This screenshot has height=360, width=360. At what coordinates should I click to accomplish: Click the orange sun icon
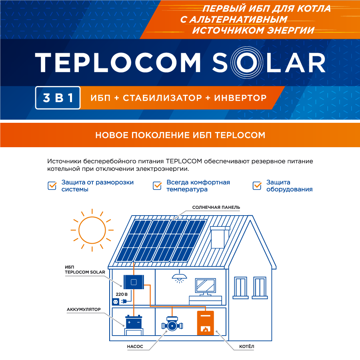pyautogui.click(x=92, y=230)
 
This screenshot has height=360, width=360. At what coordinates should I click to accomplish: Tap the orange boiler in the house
pyautogui.click(x=206, y=323)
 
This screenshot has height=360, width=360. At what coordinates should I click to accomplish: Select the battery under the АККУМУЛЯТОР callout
pyautogui.click(x=134, y=325)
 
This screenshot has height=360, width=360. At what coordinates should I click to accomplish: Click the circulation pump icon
pyautogui.click(x=172, y=324)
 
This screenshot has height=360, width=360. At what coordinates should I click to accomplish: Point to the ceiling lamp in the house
pyautogui.click(x=179, y=277)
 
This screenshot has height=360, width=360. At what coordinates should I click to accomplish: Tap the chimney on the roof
pyautogui.click(x=220, y=237)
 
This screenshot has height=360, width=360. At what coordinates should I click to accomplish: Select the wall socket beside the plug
pyautogui.click(x=116, y=302)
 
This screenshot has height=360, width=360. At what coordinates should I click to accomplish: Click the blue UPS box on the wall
pyautogui.click(x=134, y=282)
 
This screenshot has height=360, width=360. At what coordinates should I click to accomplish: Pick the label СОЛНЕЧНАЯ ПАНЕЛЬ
pyautogui.click(x=216, y=207)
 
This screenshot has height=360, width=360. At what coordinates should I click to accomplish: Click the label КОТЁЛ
pyautogui.click(x=246, y=346)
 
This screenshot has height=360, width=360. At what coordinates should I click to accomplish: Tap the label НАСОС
pyautogui.click(x=135, y=346)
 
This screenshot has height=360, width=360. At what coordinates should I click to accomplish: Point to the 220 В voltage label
pyautogui.click(x=122, y=294)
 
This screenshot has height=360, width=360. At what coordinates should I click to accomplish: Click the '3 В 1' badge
pyautogui.click(x=58, y=98)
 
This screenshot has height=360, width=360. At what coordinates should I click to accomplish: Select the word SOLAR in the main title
pyautogui.click(x=269, y=63)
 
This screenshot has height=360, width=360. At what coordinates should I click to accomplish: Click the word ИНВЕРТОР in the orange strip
pyautogui.click(x=240, y=98)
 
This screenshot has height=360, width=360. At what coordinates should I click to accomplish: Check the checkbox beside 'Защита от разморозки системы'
pyautogui.click(x=52, y=186)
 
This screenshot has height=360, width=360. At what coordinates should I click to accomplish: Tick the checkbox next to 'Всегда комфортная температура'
pyautogui.click(x=157, y=186)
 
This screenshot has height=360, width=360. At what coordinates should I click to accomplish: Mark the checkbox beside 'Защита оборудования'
pyautogui.click(x=257, y=186)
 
